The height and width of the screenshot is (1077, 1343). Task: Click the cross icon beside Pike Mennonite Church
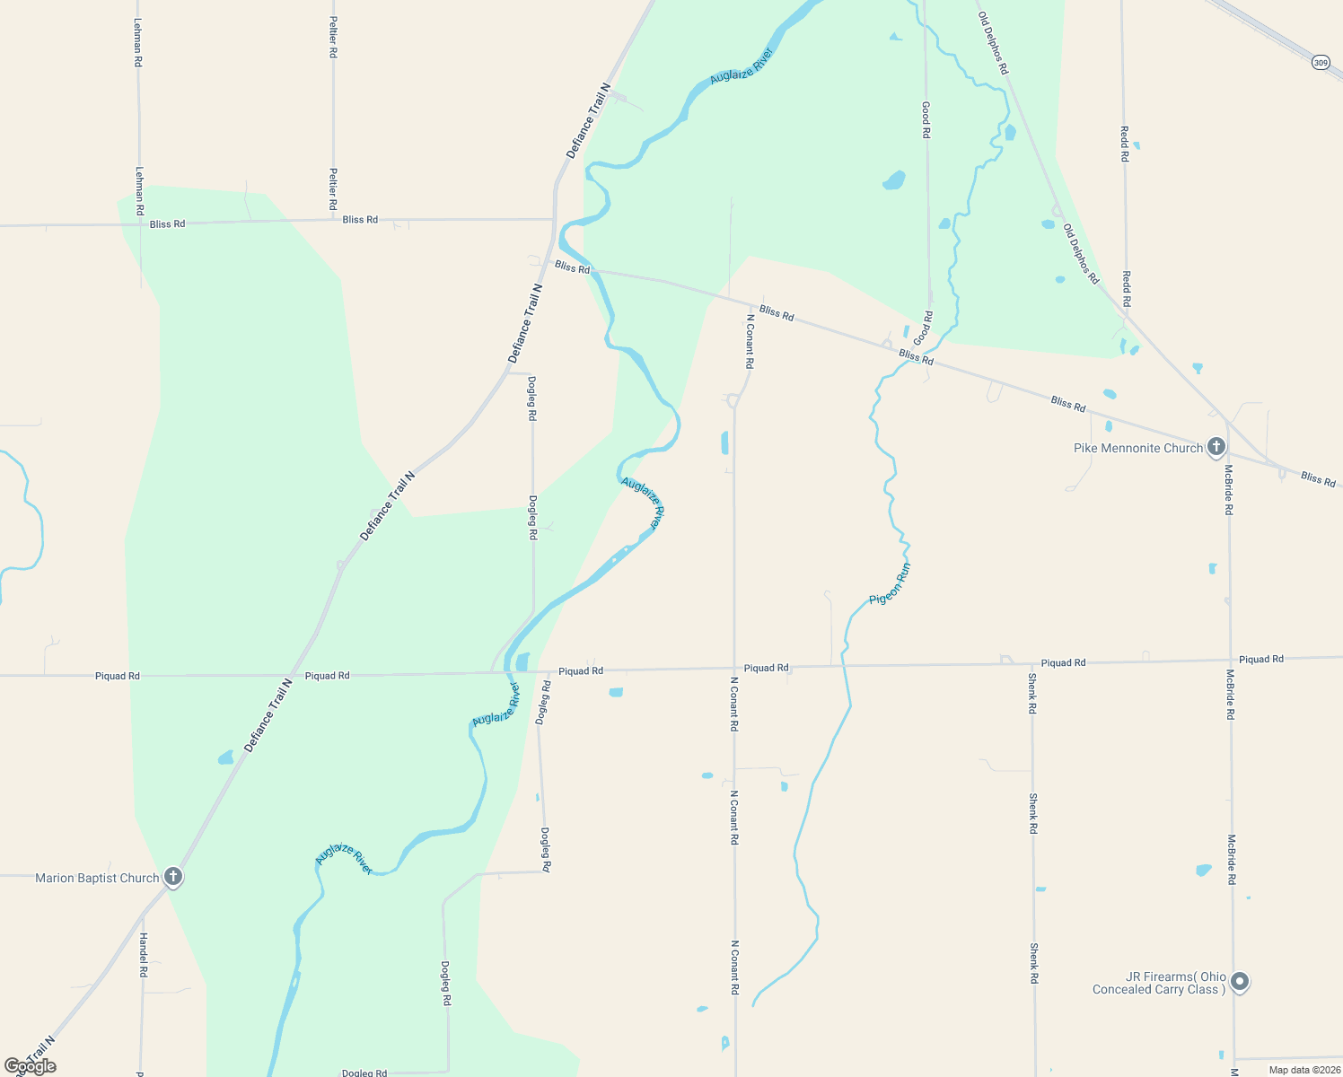coord(1216,446)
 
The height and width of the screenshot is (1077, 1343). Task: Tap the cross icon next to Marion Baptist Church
coord(173,877)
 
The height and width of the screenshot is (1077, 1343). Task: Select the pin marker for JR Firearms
coord(1240,982)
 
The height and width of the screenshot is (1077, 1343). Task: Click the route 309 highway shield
coord(1320,62)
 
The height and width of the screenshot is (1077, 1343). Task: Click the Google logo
coord(31,1066)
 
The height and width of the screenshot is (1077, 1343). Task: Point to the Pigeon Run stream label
coord(890,584)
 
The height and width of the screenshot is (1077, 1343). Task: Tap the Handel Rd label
coord(143,954)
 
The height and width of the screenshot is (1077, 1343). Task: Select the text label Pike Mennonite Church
coord(1137,448)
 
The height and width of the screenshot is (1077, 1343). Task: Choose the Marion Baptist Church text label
coord(97,878)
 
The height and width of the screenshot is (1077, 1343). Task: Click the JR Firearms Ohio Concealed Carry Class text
coord(1159,983)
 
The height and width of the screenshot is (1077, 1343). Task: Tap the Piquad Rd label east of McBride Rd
coord(1261,659)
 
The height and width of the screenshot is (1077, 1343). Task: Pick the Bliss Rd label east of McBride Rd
coord(1318,479)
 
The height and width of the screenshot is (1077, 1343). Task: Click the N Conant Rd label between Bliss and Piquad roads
coord(750,341)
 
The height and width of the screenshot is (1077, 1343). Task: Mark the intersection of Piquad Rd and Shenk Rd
coord(1032,664)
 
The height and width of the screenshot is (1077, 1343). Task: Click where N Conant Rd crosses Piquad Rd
coord(734,669)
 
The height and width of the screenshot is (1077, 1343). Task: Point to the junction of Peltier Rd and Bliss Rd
coord(333,220)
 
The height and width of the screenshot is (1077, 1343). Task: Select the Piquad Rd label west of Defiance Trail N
coord(118,676)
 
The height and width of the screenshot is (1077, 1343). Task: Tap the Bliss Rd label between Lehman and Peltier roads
coord(168,223)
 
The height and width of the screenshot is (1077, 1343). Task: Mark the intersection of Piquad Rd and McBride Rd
coord(1230,661)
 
